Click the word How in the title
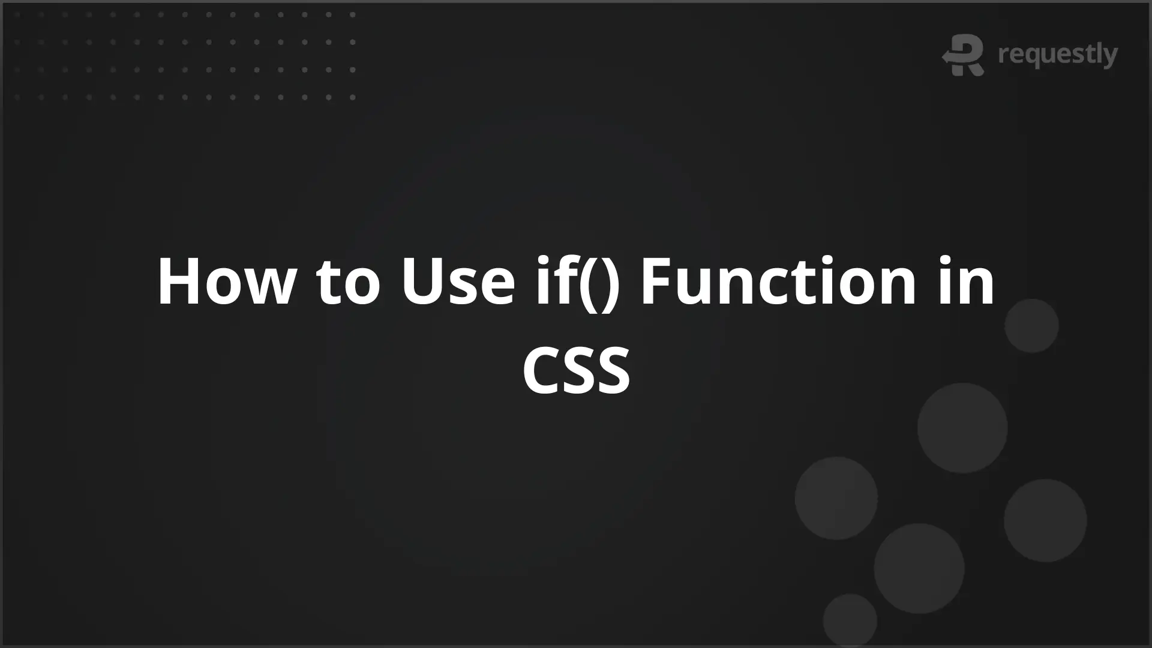click(226, 282)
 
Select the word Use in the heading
click(458, 282)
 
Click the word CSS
click(577, 370)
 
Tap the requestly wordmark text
click(1058, 55)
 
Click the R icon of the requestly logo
click(964, 55)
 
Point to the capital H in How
click(178, 282)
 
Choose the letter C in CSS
click(542, 370)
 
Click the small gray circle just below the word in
click(1031, 326)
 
